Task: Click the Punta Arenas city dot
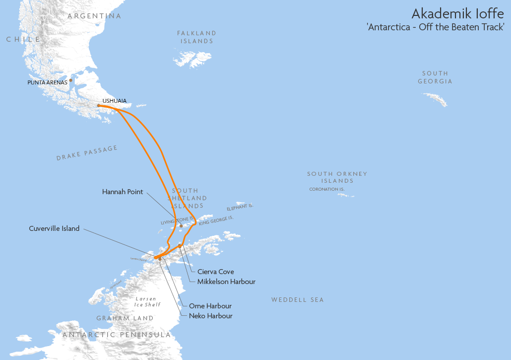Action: click(x=71, y=80)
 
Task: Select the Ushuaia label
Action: click(x=114, y=101)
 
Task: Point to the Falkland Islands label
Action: click(x=196, y=37)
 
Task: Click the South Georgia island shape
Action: click(x=435, y=99)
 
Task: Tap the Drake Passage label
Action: click(x=87, y=153)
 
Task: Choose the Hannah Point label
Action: click(x=123, y=191)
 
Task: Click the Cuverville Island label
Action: click(x=55, y=229)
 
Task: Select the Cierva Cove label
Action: click(x=215, y=272)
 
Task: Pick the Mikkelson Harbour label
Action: click(x=226, y=282)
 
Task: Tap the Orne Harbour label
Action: click(x=210, y=306)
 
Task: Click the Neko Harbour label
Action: click(x=210, y=316)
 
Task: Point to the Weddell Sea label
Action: click(x=297, y=300)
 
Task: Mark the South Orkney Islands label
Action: click(x=337, y=177)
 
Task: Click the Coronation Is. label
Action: click(x=326, y=189)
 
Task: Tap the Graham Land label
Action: click(x=125, y=318)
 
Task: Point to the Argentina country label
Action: click(x=94, y=16)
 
